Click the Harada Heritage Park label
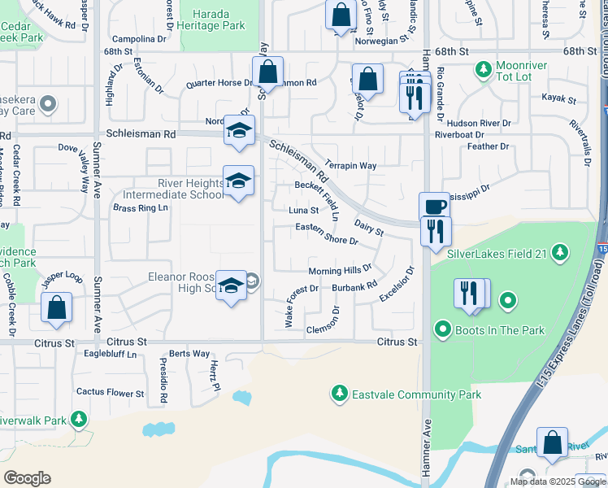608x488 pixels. pos(211,20)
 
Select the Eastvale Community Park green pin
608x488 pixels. pos(339,394)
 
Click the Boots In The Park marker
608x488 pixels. pos(443,329)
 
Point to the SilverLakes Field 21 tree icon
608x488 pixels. pos(559,252)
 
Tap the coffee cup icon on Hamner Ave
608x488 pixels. pos(433,207)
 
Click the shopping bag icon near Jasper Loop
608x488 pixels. pos(56,308)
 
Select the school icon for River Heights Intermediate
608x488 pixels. pos(238,182)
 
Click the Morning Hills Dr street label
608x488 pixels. pos(339,270)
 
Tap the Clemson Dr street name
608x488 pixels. pos(328,329)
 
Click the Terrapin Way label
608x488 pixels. pos(350,166)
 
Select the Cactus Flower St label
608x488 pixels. pos(110,392)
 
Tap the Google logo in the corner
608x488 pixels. pos(27,478)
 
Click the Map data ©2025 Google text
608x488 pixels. pos(558,481)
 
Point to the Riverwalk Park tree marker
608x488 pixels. pos(79,420)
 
